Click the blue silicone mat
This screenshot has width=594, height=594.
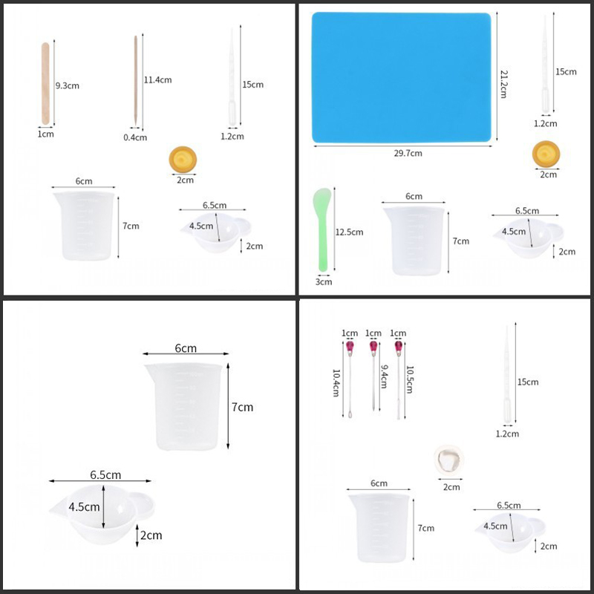pyautogui.click(x=401, y=77)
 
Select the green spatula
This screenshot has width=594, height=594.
pyautogui.click(x=322, y=229)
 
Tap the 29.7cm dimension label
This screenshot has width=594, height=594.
pyautogui.click(x=408, y=154)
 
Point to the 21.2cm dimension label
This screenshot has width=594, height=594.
pyautogui.click(x=504, y=84)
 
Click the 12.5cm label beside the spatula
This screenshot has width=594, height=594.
pyautogui.click(x=349, y=232)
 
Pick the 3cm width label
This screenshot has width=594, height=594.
pyautogui.click(x=324, y=282)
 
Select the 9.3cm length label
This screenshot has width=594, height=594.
pyautogui.click(x=68, y=85)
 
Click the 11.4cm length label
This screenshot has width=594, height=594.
pyautogui.click(x=157, y=80)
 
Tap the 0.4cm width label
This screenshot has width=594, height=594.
pyautogui.click(x=135, y=137)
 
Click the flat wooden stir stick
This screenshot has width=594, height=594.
pyautogui.click(x=45, y=83)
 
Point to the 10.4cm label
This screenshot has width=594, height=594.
pyautogui.click(x=336, y=383)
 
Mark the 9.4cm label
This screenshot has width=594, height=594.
pyautogui.click(x=384, y=376)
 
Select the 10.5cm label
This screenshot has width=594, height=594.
pyautogui.click(x=410, y=379)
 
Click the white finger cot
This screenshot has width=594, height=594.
pyautogui.click(x=449, y=460)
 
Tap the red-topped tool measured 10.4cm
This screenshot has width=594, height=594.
pyautogui.click(x=350, y=379)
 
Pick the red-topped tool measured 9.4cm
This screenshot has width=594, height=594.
pyautogui.click(x=373, y=376)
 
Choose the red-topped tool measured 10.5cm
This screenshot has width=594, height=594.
pyautogui.click(x=398, y=379)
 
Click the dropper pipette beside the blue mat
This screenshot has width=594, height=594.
pyautogui.click(x=545, y=65)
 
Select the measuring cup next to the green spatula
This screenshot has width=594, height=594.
pyautogui.click(x=414, y=241)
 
